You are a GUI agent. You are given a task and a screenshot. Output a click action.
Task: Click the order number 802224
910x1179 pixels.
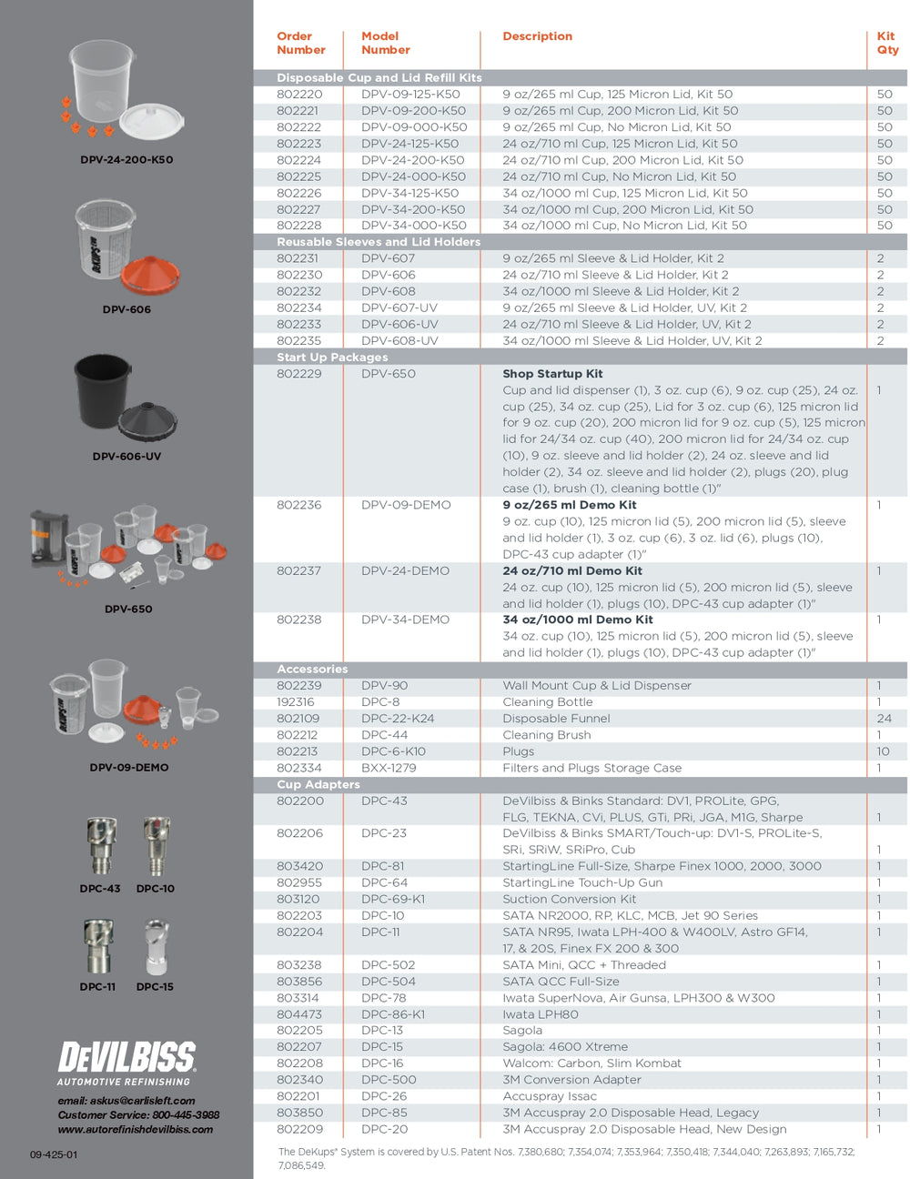299,160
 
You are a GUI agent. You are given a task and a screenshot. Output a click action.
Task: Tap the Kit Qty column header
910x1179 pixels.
887,43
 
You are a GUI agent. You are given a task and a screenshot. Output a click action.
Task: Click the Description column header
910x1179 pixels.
537,36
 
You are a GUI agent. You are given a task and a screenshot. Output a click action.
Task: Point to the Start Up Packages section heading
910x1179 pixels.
332,358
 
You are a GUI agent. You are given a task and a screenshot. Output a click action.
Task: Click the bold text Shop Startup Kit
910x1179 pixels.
552,374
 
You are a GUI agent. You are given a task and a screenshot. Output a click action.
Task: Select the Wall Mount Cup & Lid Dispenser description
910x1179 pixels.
597,686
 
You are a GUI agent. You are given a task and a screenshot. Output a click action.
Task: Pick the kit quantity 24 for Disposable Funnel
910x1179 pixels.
884,719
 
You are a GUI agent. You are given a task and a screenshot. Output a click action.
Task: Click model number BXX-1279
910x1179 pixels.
389,768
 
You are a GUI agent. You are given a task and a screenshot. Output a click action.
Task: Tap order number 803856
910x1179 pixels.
299,982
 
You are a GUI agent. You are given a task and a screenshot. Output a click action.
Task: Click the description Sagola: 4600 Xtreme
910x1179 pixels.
565,1047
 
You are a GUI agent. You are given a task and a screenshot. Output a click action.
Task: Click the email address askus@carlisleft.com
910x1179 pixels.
126,1101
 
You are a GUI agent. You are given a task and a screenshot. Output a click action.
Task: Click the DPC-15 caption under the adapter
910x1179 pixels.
155,987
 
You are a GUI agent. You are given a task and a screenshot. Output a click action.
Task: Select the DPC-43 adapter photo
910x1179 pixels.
100,846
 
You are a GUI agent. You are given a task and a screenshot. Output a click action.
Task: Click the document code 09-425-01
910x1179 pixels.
54,1155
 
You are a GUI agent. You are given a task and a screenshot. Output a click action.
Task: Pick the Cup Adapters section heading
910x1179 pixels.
318,784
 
